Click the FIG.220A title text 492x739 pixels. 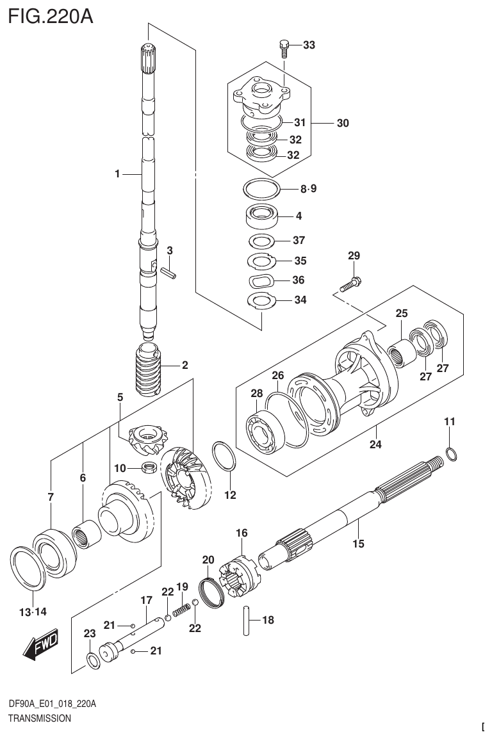click(x=51, y=15)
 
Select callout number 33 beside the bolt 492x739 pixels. click(x=309, y=45)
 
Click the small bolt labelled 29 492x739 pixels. click(x=350, y=283)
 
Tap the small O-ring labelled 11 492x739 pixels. click(x=450, y=454)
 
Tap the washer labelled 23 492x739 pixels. click(x=92, y=660)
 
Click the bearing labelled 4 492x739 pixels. click(x=262, y=215)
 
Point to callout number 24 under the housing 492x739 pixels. click(x=375, y=444)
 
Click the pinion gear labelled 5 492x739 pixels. click(x=147, y=439)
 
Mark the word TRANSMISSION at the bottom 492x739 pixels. click(x=39, y=719)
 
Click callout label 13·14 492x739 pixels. click(x=33, y=612)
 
